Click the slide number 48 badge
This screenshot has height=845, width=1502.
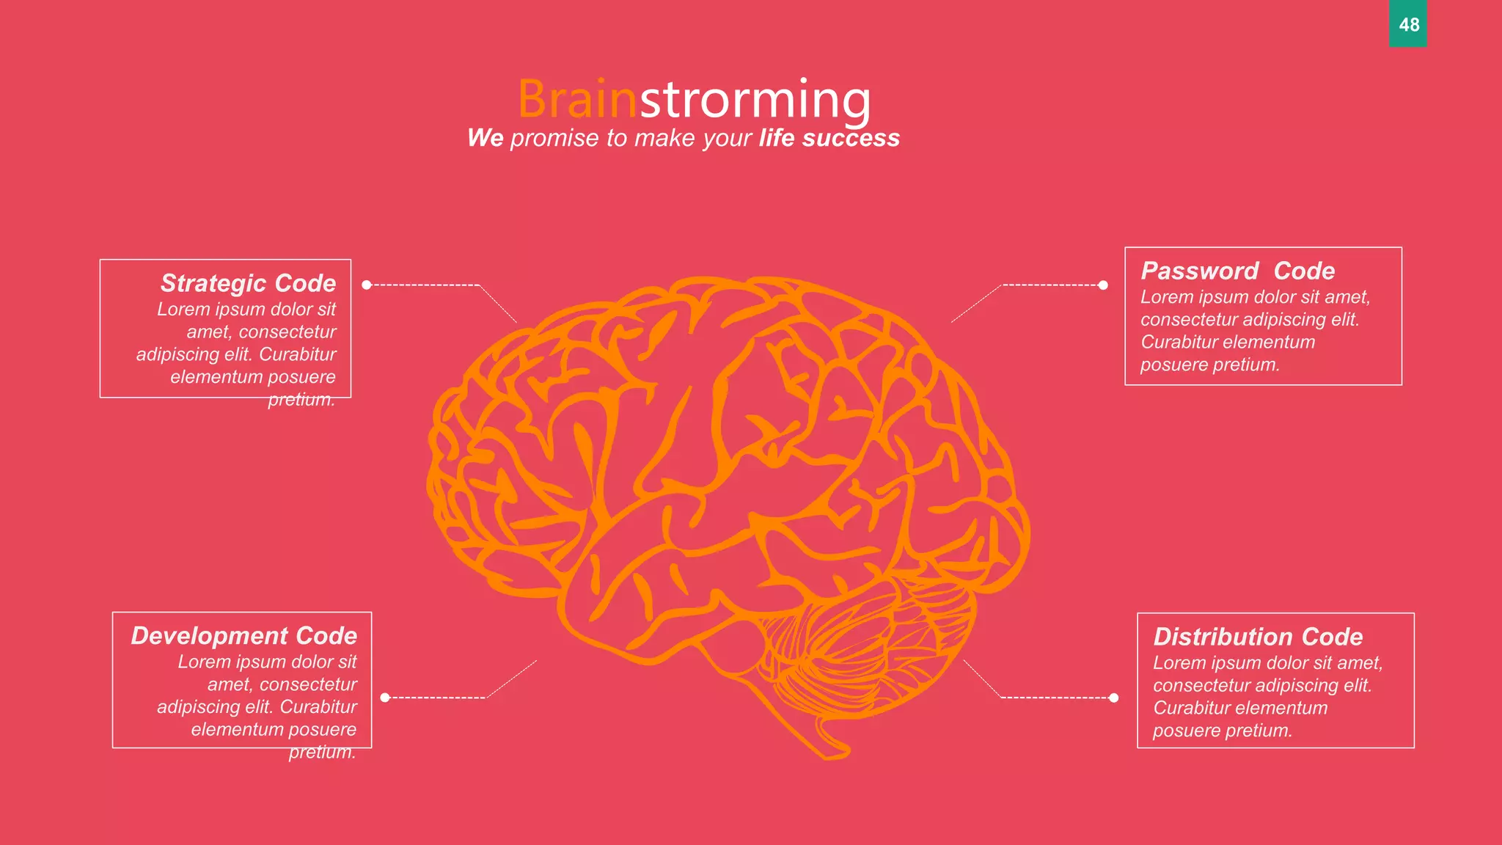point(1407,24)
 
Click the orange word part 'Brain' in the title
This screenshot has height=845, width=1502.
point(577,99)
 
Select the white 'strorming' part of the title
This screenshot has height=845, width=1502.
point(755,99)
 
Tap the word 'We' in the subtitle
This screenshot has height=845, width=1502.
point(486,138)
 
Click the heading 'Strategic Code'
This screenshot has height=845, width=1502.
point(248,283)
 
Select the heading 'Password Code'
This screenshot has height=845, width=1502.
point(1237,271)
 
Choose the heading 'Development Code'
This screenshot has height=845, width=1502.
point(243,635)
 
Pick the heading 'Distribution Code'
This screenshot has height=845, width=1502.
point(1258,636)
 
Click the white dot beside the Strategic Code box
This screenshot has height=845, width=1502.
point(367,285)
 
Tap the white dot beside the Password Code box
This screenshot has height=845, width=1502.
point(1103,285)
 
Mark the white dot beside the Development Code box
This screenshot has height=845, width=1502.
point(385,698)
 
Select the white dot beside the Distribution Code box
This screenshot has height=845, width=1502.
point(1114,698)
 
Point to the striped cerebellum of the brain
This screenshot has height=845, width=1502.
point(858,645)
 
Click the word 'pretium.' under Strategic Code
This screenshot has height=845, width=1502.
point(301,400)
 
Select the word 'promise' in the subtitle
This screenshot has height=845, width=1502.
point(554,138)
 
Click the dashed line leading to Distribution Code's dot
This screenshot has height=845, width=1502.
point(1056,698)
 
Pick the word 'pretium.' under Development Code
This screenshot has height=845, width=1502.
point(322,752)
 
